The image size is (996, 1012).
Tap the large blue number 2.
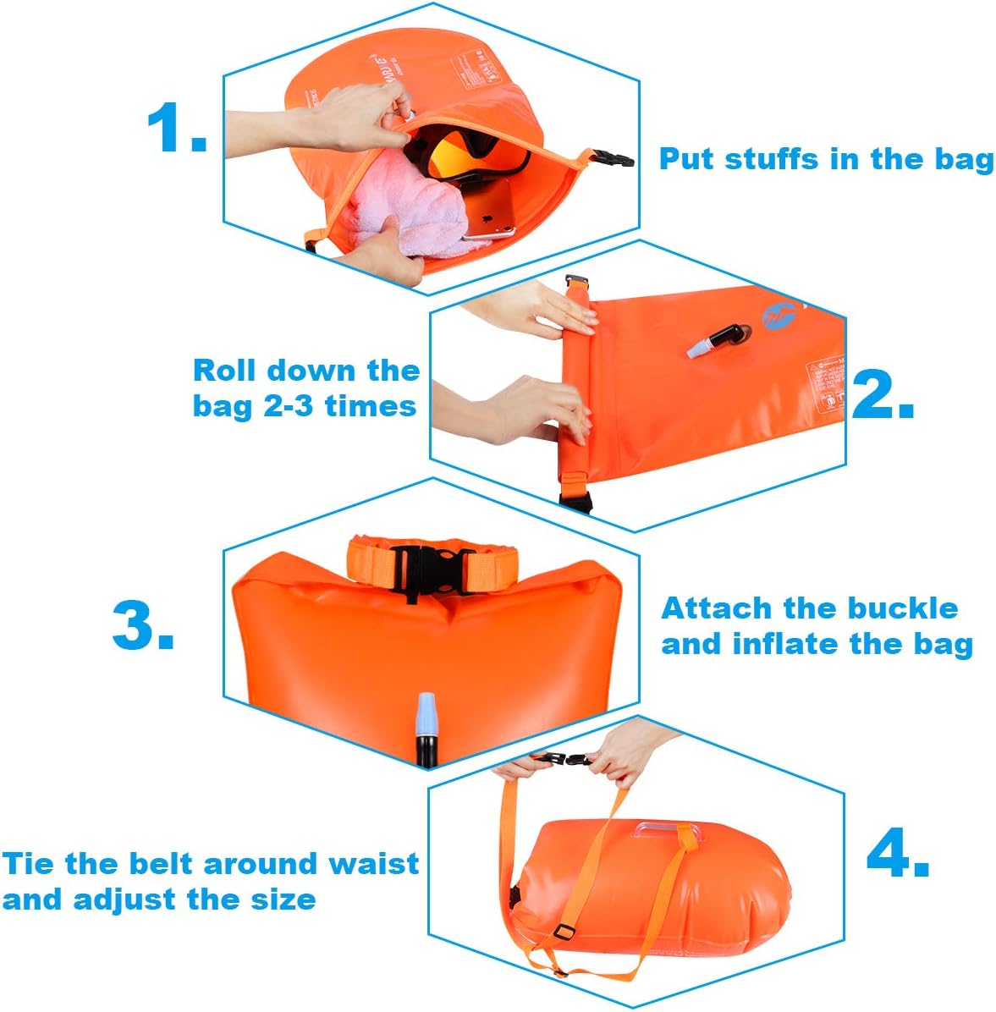point(882,393)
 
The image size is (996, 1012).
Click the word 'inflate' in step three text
point(786,644)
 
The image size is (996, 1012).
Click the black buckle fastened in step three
point(432,569)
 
